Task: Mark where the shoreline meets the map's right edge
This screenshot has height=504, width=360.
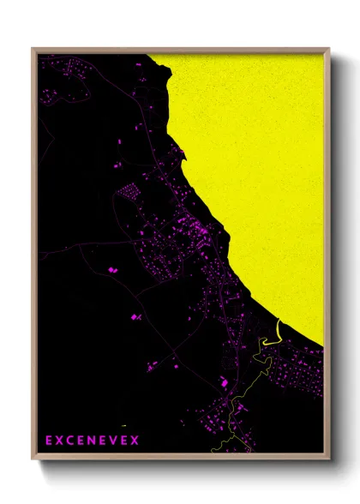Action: tap(323, 347)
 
